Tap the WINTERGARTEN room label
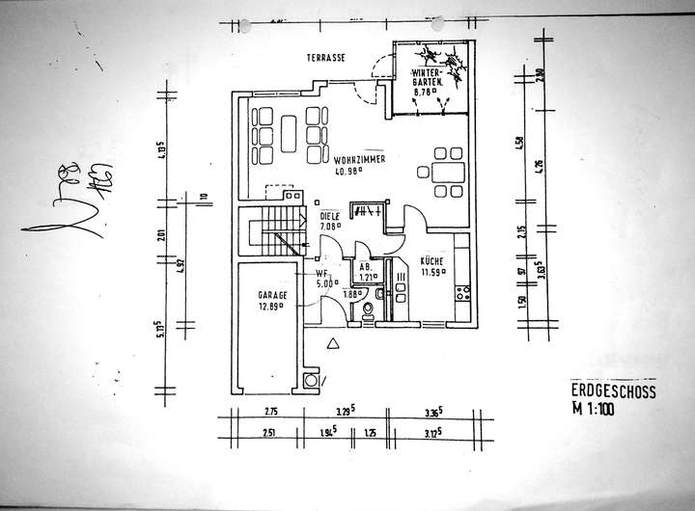coord(427,78)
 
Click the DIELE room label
coord(329,216)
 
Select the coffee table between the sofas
coord(288,124)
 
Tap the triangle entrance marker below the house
coord(332,342)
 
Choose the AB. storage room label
coord(366,266)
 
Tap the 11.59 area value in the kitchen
coord(431,273)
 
